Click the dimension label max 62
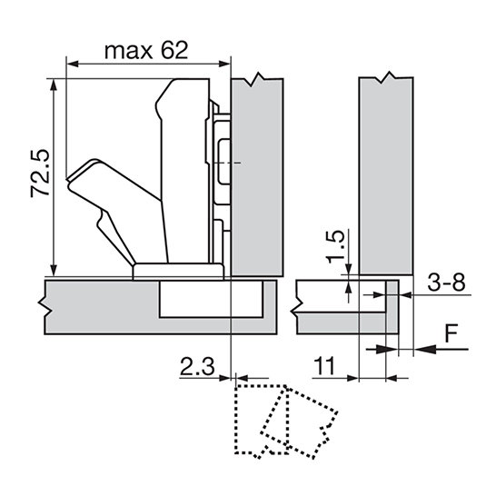[x=146, y=50]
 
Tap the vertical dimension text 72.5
[x=40, y=173]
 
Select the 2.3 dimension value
[x=197, y=366]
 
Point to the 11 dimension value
[x=325, y=366]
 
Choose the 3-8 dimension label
[x=446, y=283]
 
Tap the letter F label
[x=451, y=332]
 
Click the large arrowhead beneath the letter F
[x=425, y=349]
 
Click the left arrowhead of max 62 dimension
[x=73, y=64]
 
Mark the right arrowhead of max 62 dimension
[x=224, y=64]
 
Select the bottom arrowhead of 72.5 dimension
[x=55, y=270]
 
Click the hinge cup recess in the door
[x=211, y=299]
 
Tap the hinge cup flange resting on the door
[x=178, y=271]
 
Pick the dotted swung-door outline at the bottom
[x=286, y=422]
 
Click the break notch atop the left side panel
[x=258, y=79]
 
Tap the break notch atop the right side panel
[x=385, y=78]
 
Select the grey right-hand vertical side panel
[x=386, y=175]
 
